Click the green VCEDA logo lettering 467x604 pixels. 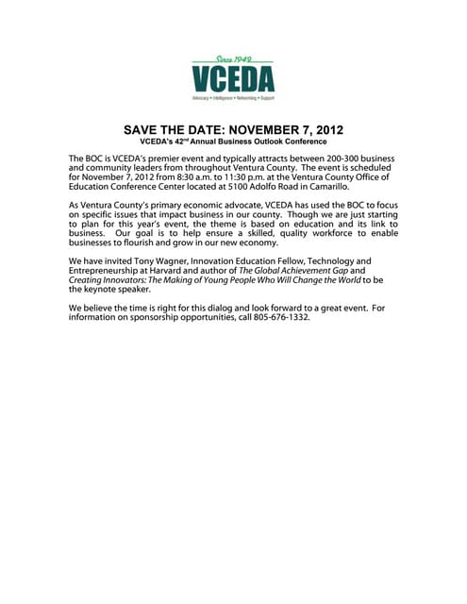(x=233, y=78)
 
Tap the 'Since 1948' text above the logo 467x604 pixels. (x=233, y=59)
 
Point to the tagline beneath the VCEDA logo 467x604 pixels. (x=233, y=97)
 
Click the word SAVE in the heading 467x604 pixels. (x=144, y=129)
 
